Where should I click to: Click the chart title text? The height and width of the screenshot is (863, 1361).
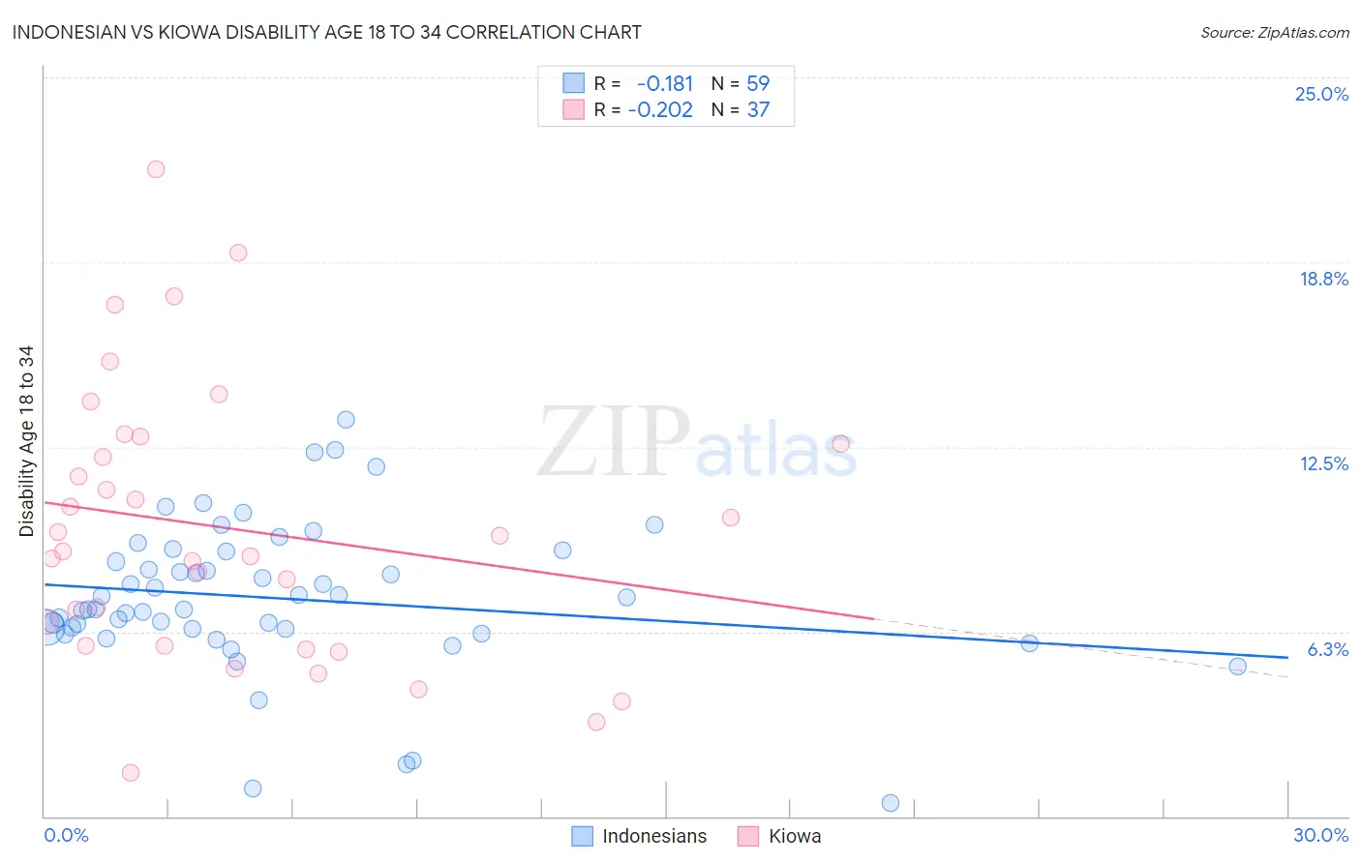tap(326, 33)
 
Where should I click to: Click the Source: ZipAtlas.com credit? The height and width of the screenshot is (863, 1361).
tap(1274, 33)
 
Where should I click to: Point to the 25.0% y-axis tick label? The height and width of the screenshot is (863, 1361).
tap(1321, 94)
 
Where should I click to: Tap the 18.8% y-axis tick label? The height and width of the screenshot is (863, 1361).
tap(1323, 279)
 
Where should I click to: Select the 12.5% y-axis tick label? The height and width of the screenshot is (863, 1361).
tap(1323, 463)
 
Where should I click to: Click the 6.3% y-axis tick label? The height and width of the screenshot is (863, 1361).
tap(1327, 649)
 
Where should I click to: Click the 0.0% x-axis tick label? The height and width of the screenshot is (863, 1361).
tap(66, 835)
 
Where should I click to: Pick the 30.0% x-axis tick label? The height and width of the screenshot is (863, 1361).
tap(1320, 835)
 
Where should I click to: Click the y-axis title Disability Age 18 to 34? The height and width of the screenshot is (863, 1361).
tap(26, 441)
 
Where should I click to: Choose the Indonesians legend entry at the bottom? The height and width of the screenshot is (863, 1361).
tap(640, 836)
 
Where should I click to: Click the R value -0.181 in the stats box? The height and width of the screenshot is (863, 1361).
tap(665, 84)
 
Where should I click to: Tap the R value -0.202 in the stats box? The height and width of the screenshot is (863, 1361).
tap(660, 110)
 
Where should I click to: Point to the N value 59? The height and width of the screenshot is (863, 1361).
tap(758, 84)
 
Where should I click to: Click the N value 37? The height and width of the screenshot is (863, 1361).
tap(758, 110)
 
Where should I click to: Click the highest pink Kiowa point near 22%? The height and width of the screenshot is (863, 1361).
tap(156, 169)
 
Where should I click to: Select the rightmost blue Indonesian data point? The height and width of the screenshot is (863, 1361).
tap(1237, 666)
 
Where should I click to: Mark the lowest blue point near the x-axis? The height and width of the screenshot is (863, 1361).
tap(891, 803)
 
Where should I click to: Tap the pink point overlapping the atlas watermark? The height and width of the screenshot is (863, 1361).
tap(840, 443)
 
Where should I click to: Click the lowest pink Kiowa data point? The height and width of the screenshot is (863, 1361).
tap(131, 773)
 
